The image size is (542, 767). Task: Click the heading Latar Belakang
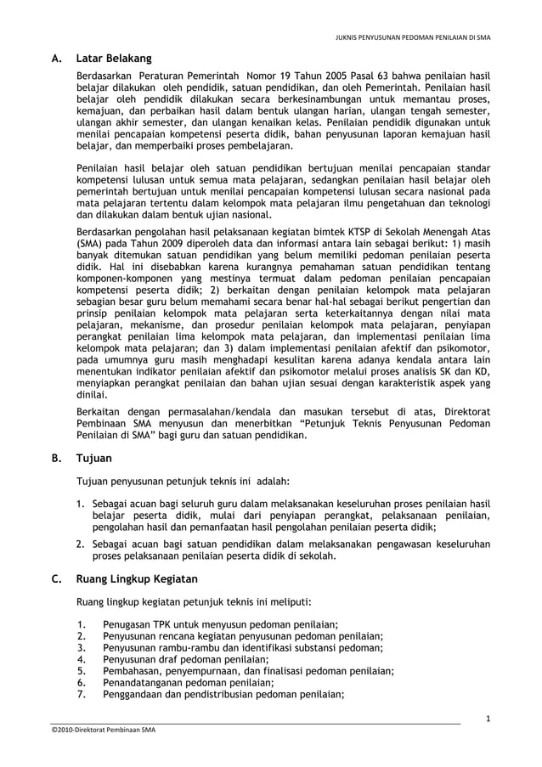pyautogui.click(x=114, y=59)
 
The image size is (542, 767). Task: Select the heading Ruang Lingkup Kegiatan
pyautogui.click(x=137, y=579)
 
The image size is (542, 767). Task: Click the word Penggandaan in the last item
pyautogui.click(x=133, y=694)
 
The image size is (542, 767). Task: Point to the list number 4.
pyautogui.click(x=80, y=658)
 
